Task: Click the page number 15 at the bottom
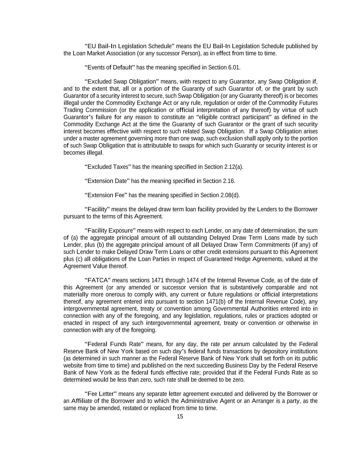pyautogui.click(x=180, y=416)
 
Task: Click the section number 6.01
pyautogui.click(x=234, y=67)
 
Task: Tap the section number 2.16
pyautogui.click(x=229, y=181)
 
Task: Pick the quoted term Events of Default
pyautogui.click(x=110, y=67)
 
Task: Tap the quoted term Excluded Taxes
pyautogui.click(x=107, y=167)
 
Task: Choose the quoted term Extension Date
pyautogui.click(x=107, y=181)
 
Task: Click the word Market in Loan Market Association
pyautogui.click(x=96, y=53)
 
